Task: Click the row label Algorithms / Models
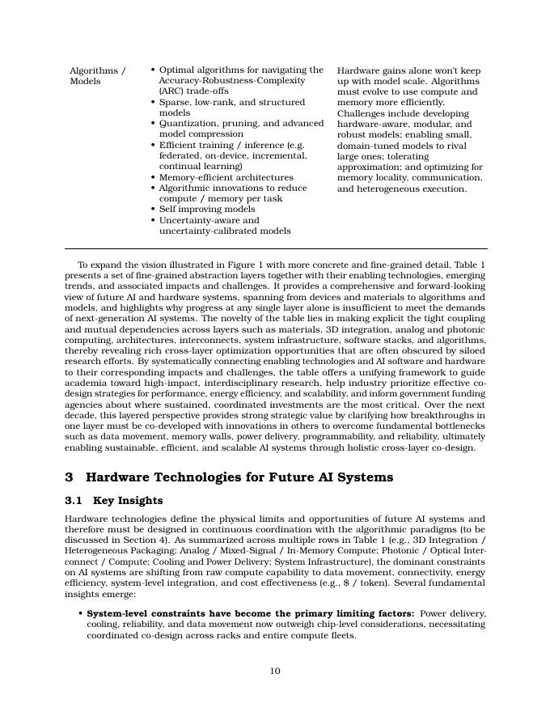click(97, 76)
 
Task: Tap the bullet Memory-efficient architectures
click(226, 177)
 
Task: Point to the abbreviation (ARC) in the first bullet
click(172, 91)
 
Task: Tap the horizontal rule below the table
click(275, 248)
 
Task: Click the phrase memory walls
click(216, 436)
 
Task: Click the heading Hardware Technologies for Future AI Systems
click(239, 477)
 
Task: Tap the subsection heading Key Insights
click(128, 501)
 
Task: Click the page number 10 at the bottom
click(275, 671)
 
